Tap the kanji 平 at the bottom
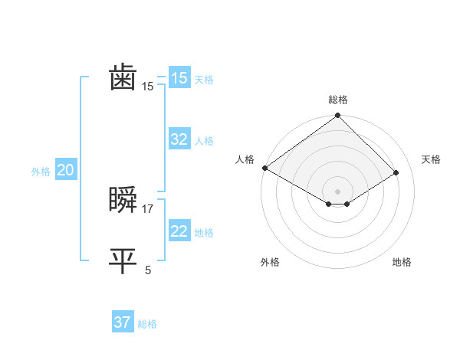[x=123, y=260]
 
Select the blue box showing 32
[x=179, y=139]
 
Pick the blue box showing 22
[x=179, y=232]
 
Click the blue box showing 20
[x=65, y=171]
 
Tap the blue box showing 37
[x=123, y=322]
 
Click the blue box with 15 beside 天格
[x=179, y=78]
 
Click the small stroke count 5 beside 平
[x=148, y=270]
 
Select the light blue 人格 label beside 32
[x=204, y=141]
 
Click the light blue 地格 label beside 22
[x=204, y=233]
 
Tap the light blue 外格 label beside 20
[x=41, y=172]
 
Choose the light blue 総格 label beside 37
[x=147, y=324]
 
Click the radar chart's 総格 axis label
[x=337, y=100]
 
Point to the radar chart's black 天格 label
[x=431, y=159]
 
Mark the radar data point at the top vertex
[x=337, y=116]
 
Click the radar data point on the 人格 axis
[x=264, y=168]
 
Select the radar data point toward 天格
[x=396, y=173]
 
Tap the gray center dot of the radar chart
[x=337, y=191]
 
